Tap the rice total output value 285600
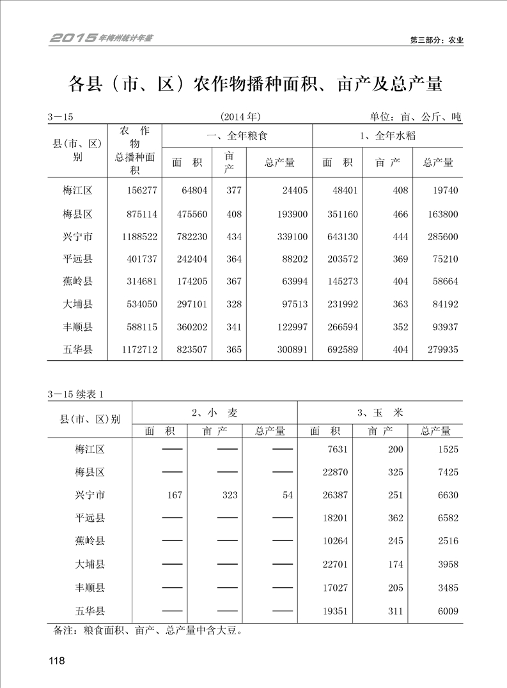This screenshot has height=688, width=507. pos(441,236)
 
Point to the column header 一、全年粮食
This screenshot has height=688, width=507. pos(237,135)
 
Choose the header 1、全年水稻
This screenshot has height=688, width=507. pos(387,135)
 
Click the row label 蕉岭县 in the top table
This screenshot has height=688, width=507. pos(77,281)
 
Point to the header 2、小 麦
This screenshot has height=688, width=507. pos(214,413)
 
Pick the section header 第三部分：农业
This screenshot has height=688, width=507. pos(436,40)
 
